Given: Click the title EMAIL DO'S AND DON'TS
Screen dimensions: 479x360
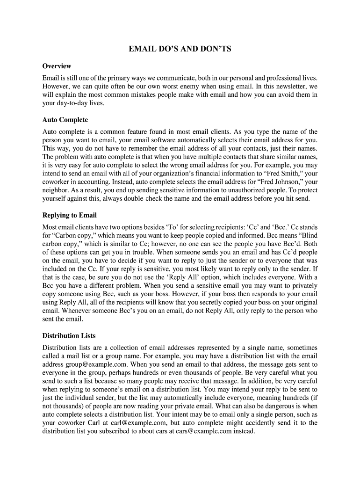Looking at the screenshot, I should (180, 49).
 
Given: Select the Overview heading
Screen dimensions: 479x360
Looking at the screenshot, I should (57, 66).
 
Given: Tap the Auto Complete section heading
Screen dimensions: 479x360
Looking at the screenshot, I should (65, 120).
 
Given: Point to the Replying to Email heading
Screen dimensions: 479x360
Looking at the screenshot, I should (69, 215).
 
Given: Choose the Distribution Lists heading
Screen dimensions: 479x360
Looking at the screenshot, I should (69, 335).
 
